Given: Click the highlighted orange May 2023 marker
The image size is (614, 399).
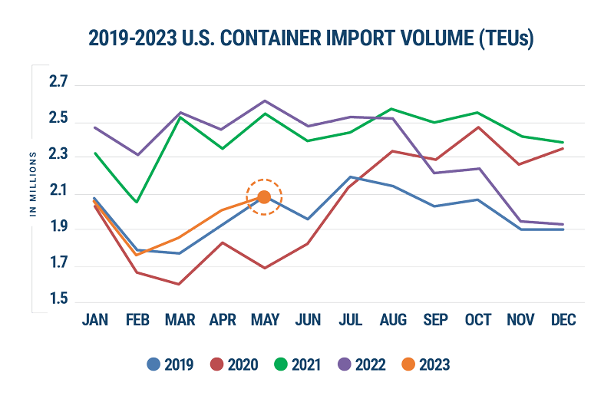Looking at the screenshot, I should click(263, 197).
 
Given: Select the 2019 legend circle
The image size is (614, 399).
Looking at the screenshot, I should click(155, 363).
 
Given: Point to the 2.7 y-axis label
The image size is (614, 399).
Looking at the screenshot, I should click(59, 82).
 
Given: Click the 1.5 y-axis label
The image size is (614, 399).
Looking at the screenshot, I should click(59, 299).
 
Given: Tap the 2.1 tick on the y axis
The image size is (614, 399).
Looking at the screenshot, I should click(59, 191).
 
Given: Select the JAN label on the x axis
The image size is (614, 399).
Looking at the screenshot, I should click(95, 319).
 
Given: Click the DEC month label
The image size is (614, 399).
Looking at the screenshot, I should click(563, 319).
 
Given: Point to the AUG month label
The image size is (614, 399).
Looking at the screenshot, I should click(393, 319).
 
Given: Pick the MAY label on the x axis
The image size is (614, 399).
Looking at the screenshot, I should click(265, 319).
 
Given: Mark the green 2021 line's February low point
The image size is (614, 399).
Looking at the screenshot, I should click(137, 203).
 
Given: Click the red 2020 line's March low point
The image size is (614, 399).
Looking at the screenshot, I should click(179, 285).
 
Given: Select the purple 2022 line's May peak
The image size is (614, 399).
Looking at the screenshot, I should click(264, 101).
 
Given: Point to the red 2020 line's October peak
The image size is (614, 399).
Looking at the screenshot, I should click(477, 127).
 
